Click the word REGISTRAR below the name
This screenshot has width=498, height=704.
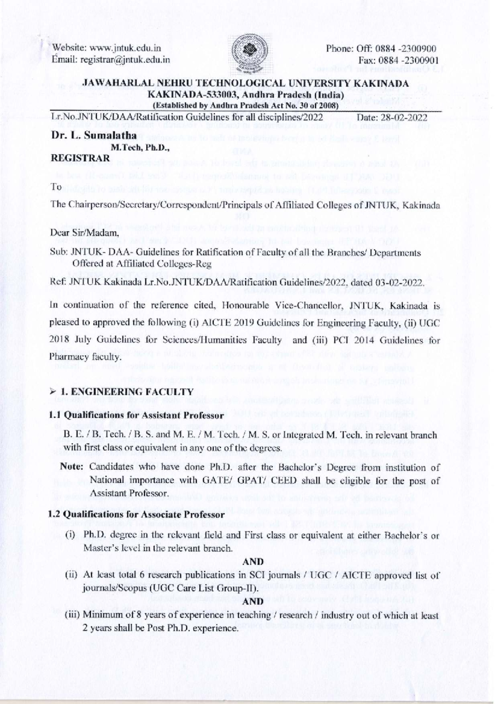(80, 158)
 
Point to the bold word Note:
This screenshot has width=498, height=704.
(72, 467)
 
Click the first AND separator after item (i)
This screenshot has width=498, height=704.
(253, 562)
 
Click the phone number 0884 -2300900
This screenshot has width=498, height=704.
(405, 48)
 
